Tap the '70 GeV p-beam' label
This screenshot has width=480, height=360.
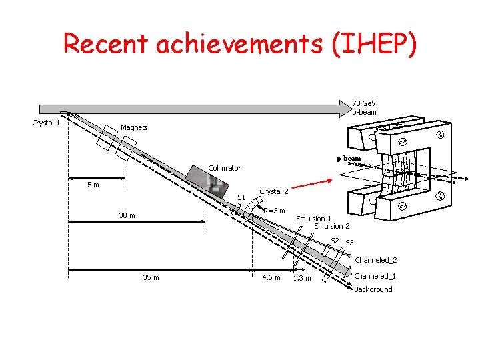(364, 107)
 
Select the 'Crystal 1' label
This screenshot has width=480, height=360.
(47, 122)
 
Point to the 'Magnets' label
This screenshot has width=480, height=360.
(134, 127)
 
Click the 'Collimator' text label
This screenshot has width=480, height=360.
(225, 168)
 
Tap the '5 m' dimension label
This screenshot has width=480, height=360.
(94, 185)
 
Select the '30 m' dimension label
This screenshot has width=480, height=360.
(127, 215)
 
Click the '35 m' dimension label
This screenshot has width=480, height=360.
(151, 277)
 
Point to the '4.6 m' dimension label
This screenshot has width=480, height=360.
(272, 277)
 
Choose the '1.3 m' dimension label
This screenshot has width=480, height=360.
(302, 278)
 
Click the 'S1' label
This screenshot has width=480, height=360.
(242, 197)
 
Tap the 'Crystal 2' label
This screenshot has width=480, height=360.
(274, 191)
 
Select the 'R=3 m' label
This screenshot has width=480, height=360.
(274, 211)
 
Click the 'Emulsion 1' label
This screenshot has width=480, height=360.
(313, 219)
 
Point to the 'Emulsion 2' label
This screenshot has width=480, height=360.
(331, 226)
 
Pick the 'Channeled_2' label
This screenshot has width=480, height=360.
(376, 260)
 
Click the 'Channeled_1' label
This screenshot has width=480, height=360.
(375, 276)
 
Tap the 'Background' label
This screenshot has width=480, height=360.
(373, 289)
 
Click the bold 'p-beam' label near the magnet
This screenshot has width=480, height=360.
(349, 159)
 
